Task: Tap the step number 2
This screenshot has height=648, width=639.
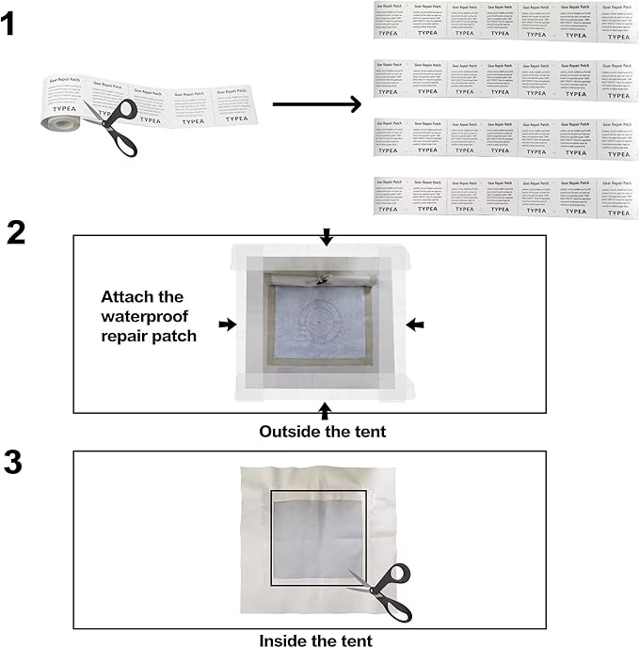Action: click(17, 232)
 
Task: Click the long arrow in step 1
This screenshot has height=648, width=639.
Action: click(315, 103)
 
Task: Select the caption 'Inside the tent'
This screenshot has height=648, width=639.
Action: click(315, 640)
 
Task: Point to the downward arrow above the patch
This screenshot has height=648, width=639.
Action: click(326, 236)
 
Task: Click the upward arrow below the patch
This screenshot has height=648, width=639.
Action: click(326, 411)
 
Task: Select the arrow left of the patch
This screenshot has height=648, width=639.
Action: click(227, 324)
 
